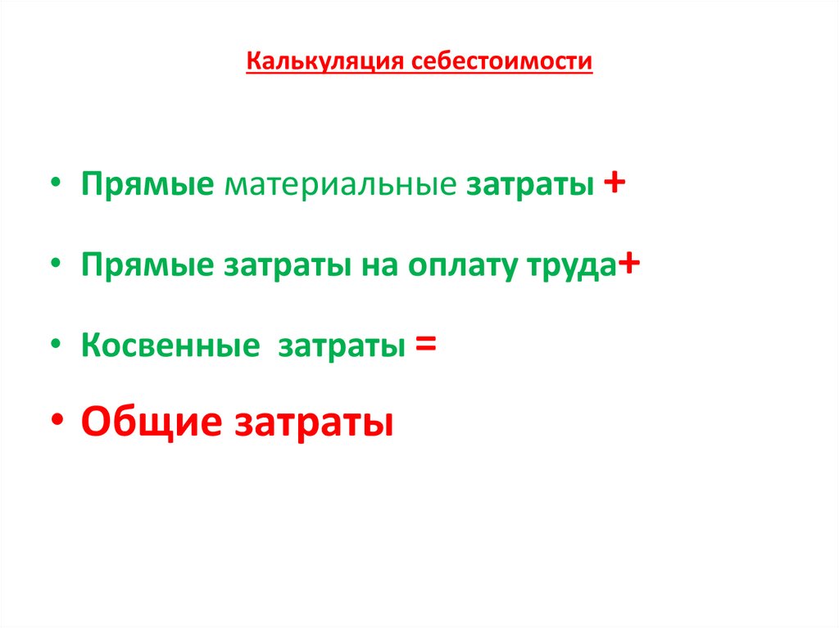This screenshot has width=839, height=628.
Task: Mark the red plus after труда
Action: tap(629, 264)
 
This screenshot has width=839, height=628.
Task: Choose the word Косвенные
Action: tap(170, 348)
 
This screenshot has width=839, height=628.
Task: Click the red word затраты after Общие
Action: tap(315, 425)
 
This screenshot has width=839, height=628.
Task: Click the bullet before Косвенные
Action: tap(57, 346)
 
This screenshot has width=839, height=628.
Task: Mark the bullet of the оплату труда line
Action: tap(57, 265)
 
